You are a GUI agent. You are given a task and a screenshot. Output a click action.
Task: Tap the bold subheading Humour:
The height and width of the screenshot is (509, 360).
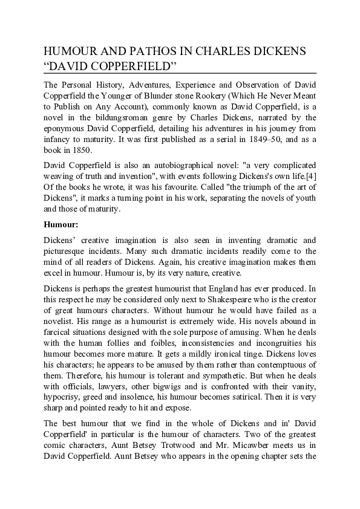(61, 225)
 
